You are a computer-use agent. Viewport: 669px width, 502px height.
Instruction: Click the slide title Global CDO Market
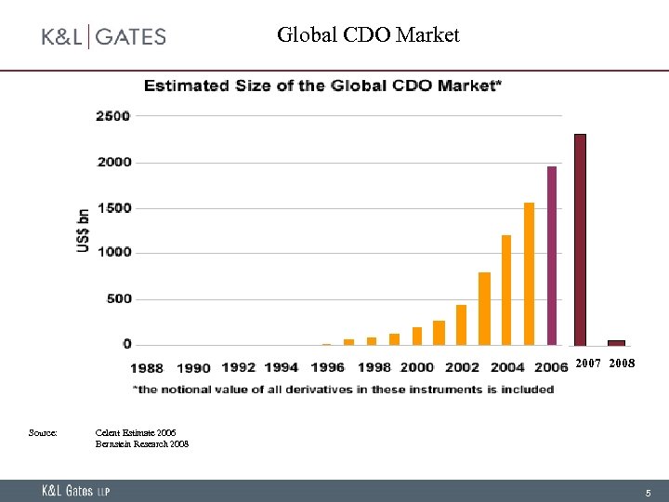(368, 35)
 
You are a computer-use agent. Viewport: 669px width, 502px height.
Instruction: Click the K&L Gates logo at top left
(103, 37)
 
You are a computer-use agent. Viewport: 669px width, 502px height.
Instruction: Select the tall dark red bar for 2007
(580, 239)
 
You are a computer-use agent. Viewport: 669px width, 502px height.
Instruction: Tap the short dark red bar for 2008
(616, 342)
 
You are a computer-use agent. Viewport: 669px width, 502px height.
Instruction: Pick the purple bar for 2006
(552, 256)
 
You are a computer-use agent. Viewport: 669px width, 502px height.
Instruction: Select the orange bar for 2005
(529, 273)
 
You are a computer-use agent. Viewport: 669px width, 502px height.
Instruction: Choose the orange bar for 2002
(461, 324)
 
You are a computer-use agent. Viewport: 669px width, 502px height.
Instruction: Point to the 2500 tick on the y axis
(113, 116)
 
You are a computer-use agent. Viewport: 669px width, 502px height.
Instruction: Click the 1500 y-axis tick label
(113, 208)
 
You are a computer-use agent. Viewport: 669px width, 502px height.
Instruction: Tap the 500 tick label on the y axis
(118, 299)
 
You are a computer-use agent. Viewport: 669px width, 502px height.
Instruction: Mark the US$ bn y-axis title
(84, 230)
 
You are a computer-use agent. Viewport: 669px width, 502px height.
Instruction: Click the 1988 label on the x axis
(147, 368)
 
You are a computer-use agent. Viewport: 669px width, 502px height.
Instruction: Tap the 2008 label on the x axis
(623, 364)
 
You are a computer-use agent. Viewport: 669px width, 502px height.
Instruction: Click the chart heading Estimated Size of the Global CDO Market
(323, 86)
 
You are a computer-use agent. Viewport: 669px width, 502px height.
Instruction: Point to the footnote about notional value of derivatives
(343, 390)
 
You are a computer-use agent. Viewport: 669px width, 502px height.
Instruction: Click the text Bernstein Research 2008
(142, 444)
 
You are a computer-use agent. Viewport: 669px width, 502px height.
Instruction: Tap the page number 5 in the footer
(649, 492)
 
